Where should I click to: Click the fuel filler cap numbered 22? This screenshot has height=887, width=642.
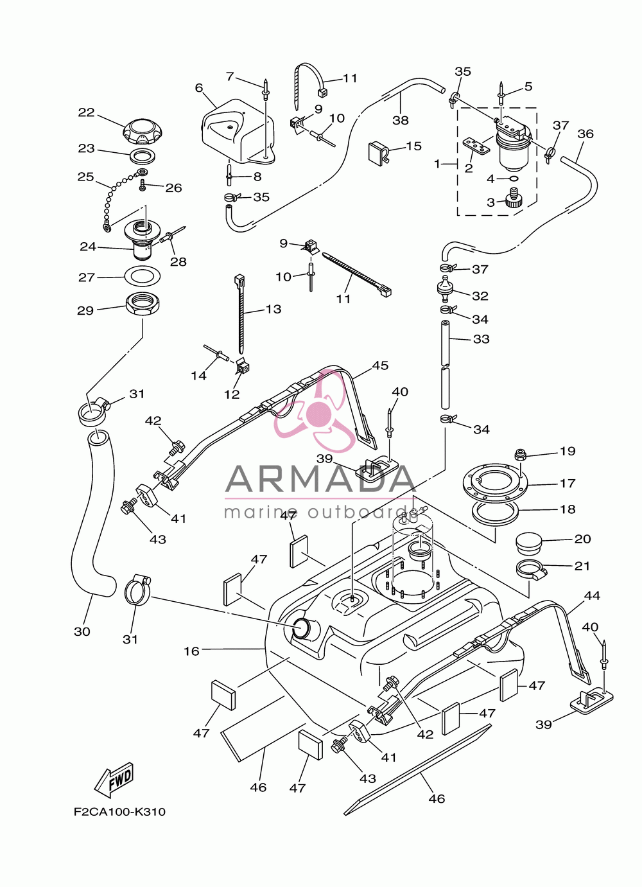tap(142, 132)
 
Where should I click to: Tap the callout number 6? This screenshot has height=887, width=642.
tap(198, 88)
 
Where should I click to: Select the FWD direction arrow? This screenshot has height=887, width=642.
tap(114, 779)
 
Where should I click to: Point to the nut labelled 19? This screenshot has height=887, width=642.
tap(520, 455)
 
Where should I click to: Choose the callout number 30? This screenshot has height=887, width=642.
tap(82, 631)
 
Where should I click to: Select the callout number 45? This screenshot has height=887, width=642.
tap(380, 365)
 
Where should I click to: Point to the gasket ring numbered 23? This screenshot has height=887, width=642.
tap(142, 155)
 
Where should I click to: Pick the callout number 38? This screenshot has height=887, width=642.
tap(400, 119)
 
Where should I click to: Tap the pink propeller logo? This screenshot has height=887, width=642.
tap(316, 410)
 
